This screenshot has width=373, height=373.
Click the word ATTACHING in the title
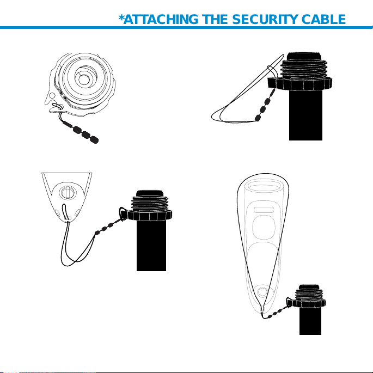[x=161, y=19]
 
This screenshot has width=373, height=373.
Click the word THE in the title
[x=215, y=19]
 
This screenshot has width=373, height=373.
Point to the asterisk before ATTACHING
[x=121, y=17]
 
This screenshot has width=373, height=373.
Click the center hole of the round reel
[x=83, y=80]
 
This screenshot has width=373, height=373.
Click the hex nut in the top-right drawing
[x=299, y=84]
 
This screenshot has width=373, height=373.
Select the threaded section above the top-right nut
[x=304, y=69]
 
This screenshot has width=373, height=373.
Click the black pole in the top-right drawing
[x=305, y=115]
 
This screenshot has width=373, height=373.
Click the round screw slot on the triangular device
[x=68, y=192]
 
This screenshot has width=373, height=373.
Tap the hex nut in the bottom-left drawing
[x=150, y=215]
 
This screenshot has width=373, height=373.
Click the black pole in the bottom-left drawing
[x=151, y=246]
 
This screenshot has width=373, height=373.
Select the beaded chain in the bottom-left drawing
[x=109, y=226]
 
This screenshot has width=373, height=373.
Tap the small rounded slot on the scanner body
[x=264, y=210]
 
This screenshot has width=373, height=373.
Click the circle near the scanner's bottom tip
[x=262, y=291]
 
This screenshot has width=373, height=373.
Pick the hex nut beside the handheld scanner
[x=309, y=303]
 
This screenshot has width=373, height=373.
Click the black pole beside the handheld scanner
[x=310, y=321]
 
